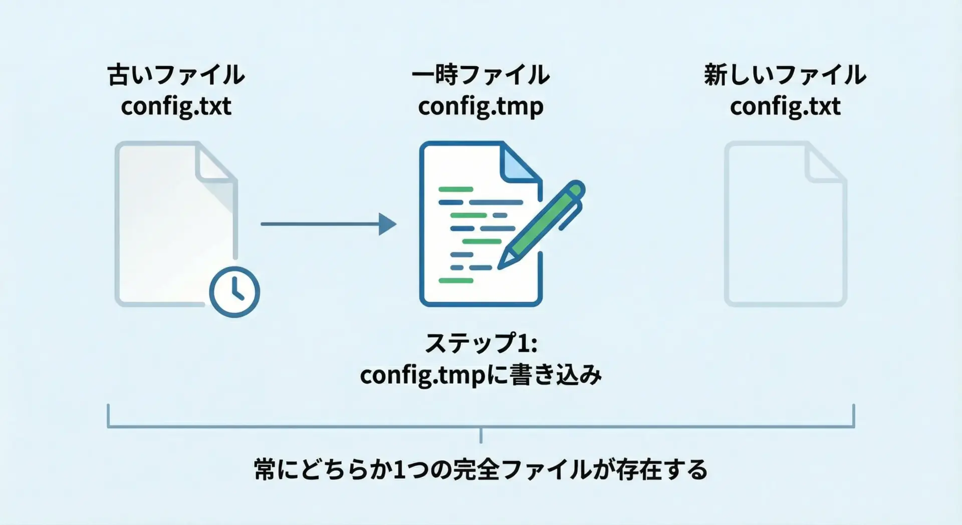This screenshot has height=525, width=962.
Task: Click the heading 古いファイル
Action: tap(176, 75)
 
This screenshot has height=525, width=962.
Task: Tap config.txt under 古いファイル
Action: tap(176, 106)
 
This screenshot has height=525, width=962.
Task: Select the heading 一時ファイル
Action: tap(480, 75)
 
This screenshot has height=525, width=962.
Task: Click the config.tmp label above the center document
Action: tap(480, 106)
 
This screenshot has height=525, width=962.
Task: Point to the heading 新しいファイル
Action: tap(785, 75)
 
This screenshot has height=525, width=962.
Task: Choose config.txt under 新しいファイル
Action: tap(785, 106)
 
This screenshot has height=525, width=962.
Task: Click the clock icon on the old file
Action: tap(234, 292)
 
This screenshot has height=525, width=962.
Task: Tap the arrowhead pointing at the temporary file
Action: tap(387, 224)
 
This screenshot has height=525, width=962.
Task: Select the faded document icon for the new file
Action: tap(785, 224)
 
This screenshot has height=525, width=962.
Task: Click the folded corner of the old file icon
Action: tap(215, 163)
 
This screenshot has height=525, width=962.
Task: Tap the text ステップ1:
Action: tap(480, 343)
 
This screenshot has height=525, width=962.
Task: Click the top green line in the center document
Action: tap(455, 189)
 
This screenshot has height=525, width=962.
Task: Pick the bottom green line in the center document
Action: tap(455, 280)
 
